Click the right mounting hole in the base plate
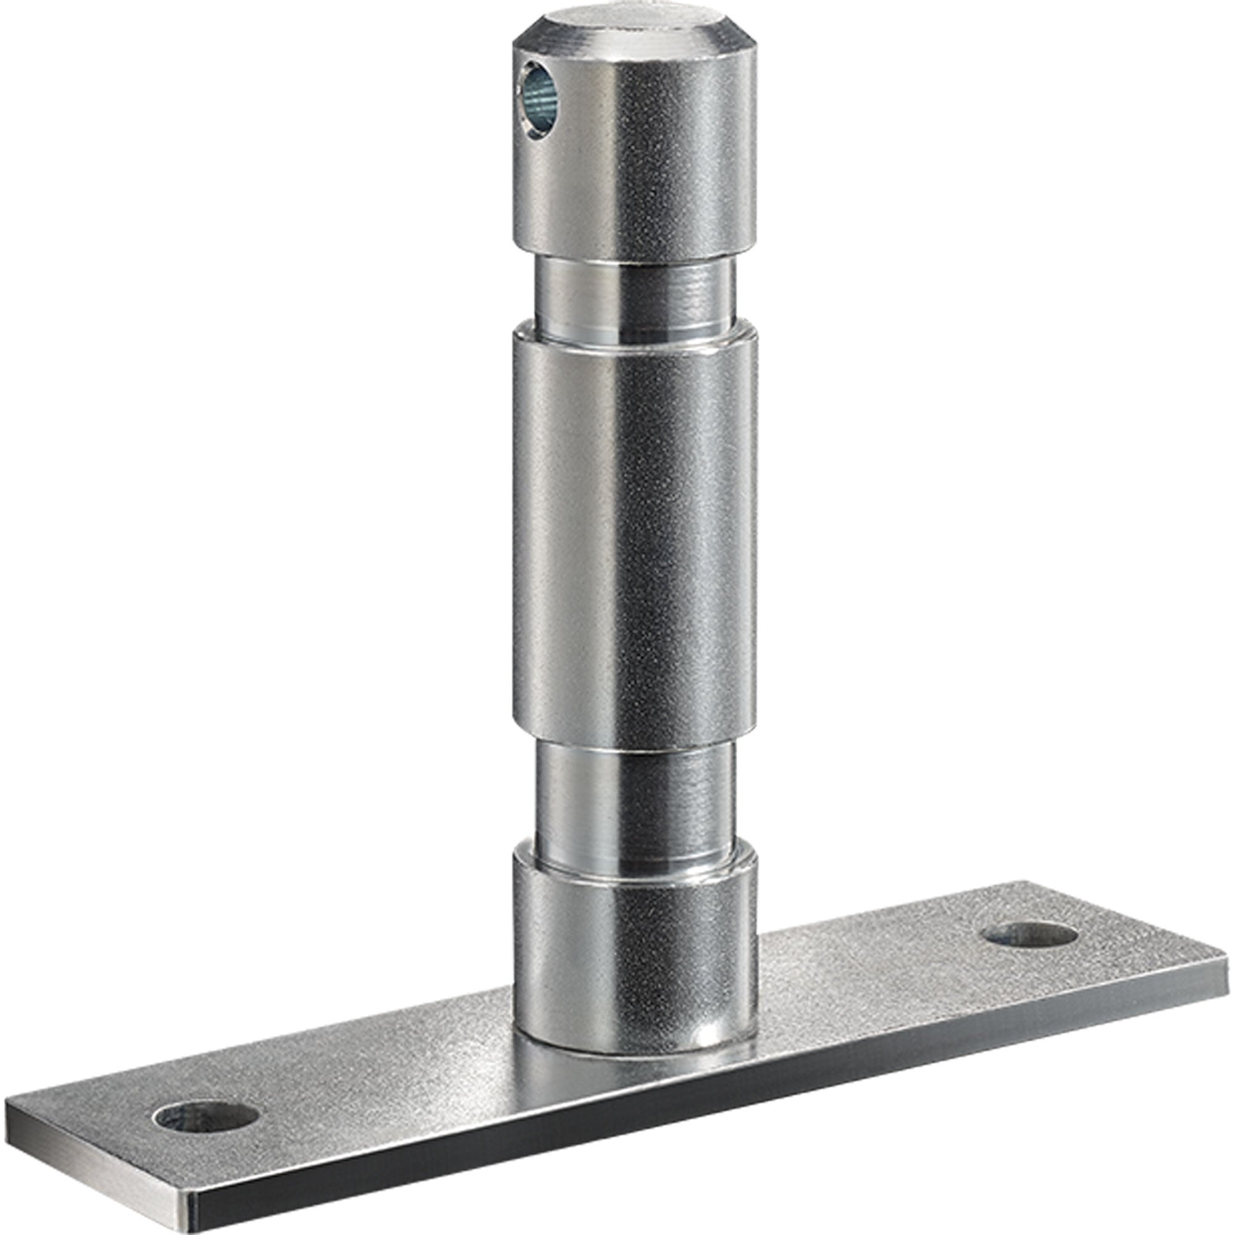(x=1031, y=937)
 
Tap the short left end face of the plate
(x=96, y=1144)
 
